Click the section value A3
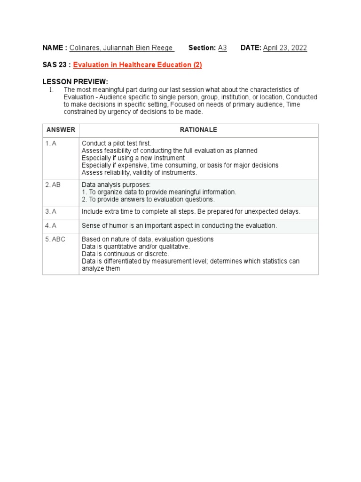(x=222, y=48)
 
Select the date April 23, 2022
(x=285, y=48)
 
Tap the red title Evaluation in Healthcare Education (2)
(x=137, y=65)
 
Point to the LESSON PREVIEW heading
(x=75, y=82)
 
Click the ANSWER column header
(x=61, y=130)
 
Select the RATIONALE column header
(x=198, y=130)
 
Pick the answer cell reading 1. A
(x=51, y=143)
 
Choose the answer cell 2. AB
(x=53, y=185)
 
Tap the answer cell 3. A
(x=51, y=212)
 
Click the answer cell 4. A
(x=51, y=225)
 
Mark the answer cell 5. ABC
(x=55, y=239)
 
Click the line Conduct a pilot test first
(x=117, y=143)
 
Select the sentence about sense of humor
(x=179, y=225)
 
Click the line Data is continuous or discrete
(x=125, y=254)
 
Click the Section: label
(x=202, y=48)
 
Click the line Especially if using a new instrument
(x=133, y=158)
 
